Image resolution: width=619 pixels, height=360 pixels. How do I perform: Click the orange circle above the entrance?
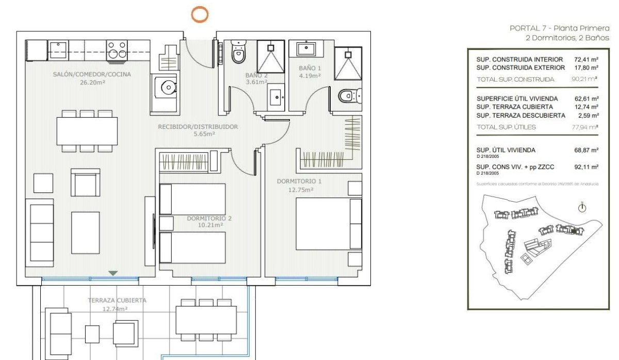coord(200,14)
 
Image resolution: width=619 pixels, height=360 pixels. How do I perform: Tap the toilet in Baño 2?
coord(238,54)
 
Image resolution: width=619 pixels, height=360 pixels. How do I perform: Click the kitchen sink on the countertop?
coord(58,50)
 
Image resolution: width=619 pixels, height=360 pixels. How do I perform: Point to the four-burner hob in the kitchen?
coord(117,50)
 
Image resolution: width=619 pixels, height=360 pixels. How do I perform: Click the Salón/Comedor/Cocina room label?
coord(92,74)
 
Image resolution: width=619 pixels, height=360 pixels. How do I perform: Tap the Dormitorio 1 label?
coord(299,182)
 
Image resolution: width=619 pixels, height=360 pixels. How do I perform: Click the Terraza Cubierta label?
coord(117,300)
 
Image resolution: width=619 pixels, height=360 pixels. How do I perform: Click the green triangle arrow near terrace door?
coord(113,273)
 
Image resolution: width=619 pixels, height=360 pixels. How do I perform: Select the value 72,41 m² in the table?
coord(586,60)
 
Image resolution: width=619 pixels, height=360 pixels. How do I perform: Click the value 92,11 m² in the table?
coord(586,167)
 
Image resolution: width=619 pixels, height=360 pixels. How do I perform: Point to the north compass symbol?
coord(582,208)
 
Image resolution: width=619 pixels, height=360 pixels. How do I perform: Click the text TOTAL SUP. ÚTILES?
coord(506,127)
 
